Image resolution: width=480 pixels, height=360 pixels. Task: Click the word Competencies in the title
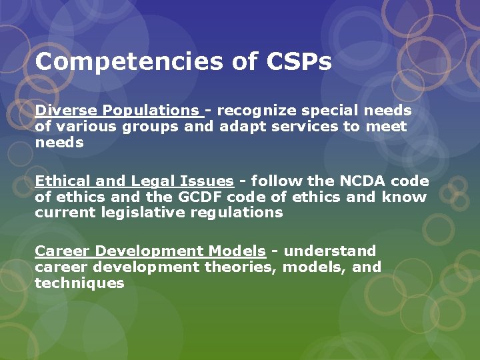pos(129,63)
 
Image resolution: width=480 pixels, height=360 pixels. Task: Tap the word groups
pos(151,126)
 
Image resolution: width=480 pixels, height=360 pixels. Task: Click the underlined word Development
pos(145,251)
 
